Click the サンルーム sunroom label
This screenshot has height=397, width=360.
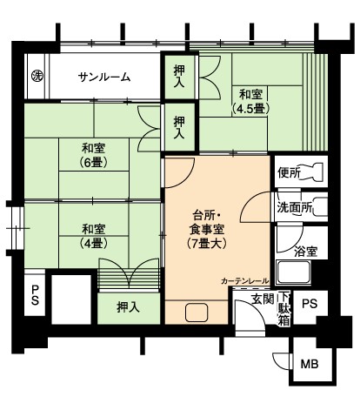click(104, 77)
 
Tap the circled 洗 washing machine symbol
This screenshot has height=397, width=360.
click(37, 76)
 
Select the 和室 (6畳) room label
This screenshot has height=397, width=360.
click(93, 155)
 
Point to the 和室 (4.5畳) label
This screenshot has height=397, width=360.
click(250, 102)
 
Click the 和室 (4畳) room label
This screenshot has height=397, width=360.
click(93, 236)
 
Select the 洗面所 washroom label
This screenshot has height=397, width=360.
click(295, 207)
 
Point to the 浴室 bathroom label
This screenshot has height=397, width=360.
click(305, 252)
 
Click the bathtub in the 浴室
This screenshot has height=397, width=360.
click(293, 273)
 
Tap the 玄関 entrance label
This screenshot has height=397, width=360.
click(263, 299)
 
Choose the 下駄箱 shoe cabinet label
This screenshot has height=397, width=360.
click(284, 309)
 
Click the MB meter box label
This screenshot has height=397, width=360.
click(310, 364)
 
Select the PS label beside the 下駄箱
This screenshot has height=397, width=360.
click(310, 304)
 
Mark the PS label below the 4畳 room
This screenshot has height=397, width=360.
click(35, 295)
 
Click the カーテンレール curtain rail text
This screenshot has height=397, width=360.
click(245, 281)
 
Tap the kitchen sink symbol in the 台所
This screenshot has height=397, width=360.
click(197, 313)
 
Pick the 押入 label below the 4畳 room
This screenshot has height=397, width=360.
click(128, 307)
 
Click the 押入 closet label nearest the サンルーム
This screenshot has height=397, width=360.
click(179, 77)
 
